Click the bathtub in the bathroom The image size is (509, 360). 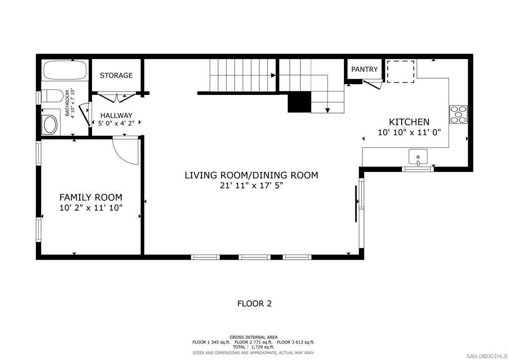click(x=65, y=70)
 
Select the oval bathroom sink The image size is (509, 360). click(x=50, y=124)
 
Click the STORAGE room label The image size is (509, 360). click(x=116, y=76)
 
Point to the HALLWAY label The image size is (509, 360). click(x=116, y=115)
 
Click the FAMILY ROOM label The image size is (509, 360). click(x=91, y=197)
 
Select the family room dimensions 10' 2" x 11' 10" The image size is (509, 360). click(x=91, y=208)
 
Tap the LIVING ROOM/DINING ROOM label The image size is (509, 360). click(x=251, y=175)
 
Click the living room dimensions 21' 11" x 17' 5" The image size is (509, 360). click(x=251, y=186)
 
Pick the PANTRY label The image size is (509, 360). click(x=364, y=70)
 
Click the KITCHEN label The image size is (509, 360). click(x=409, y=122)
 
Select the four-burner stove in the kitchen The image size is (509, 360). click(x=458, y=114)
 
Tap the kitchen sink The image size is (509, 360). click(x=418, y=157)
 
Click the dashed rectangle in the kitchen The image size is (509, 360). click(x=401, y=72)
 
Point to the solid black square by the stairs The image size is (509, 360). click(x=299, y=102)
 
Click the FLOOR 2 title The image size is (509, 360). click(x=254, y=303)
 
